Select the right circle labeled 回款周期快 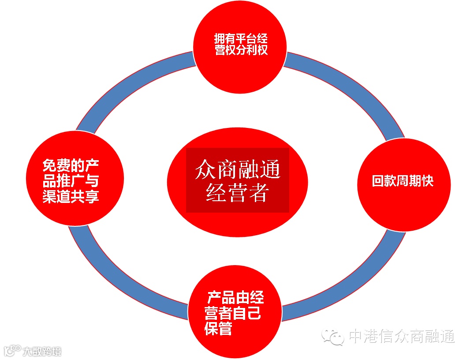pos(403,184)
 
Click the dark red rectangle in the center pos(237,180)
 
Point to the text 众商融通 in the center pos(237,169)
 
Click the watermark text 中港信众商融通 pos(401,337)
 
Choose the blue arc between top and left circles pos(132,88)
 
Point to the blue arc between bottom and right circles pos(348,282)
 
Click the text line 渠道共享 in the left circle pos(71,196)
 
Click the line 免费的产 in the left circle pos(71,165)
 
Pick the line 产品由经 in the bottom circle pos(236,297)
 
